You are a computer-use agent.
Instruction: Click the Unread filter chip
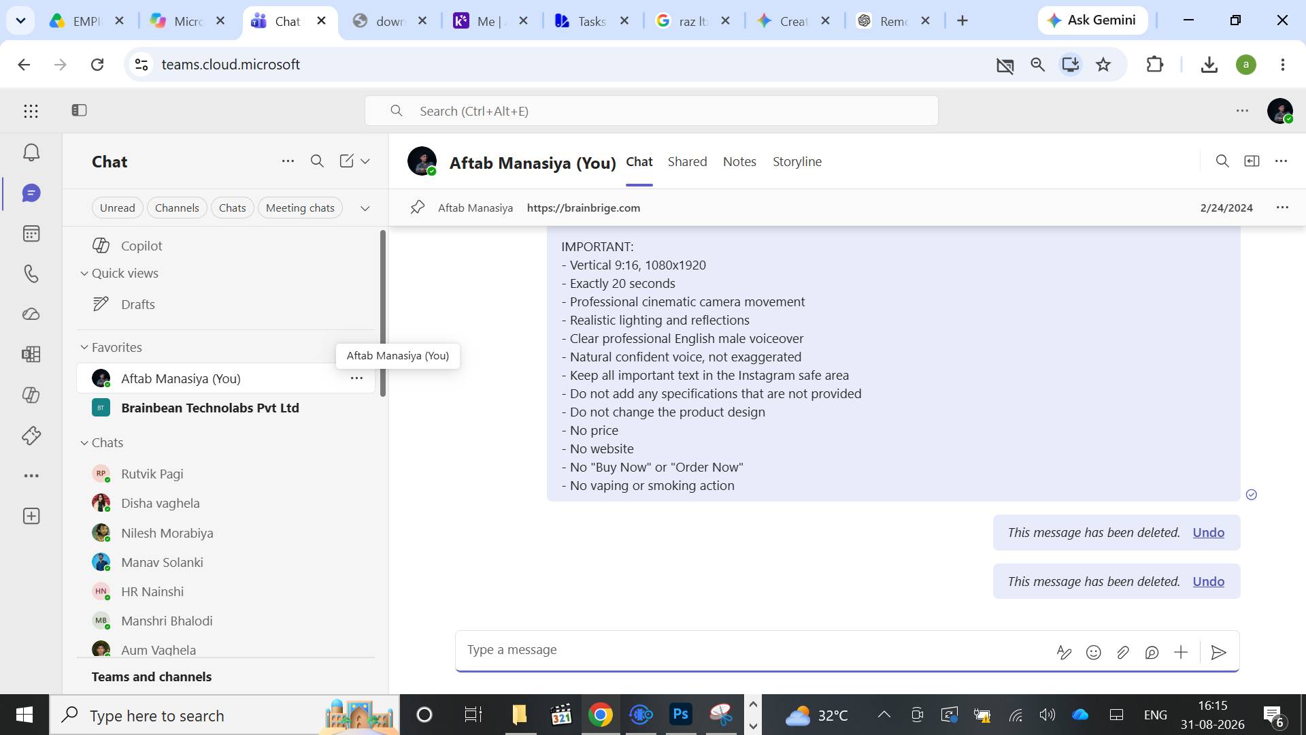click(x=117, y=208)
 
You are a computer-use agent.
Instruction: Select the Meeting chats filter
click(x=300, y=208)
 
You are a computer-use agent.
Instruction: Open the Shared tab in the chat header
click(x=687, y=161)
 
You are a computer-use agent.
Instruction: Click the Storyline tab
click(x=797, y=161)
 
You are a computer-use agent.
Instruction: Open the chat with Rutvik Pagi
click(x=152, y=474)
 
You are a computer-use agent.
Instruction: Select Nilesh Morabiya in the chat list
click(x=167, y=533)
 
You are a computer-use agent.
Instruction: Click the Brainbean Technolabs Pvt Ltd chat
click(x=210, y=408)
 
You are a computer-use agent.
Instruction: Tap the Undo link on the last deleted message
click(x=1208, y=581)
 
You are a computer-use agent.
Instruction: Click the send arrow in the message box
click(x=1218, y=653)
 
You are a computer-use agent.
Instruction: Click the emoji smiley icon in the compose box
click(x=1093, y=653)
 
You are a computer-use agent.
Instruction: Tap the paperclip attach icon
click(x=1122, y=653)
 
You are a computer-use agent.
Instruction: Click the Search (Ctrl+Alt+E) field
click(x=652, y=111)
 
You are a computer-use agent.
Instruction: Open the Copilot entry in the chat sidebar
click(x=141, y=246)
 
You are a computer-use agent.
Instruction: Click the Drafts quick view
click(x=137, y=304)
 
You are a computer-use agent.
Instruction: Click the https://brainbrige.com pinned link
click(x=584, y=208)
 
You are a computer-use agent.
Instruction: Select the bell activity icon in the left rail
click(x=31, y=152)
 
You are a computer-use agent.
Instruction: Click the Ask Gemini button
click(x=1092, y=20)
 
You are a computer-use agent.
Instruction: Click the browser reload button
click(x=97, y=65)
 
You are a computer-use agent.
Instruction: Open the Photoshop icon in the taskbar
click(x=681, y=715)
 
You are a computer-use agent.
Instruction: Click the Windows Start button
click(x=24, y=715)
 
